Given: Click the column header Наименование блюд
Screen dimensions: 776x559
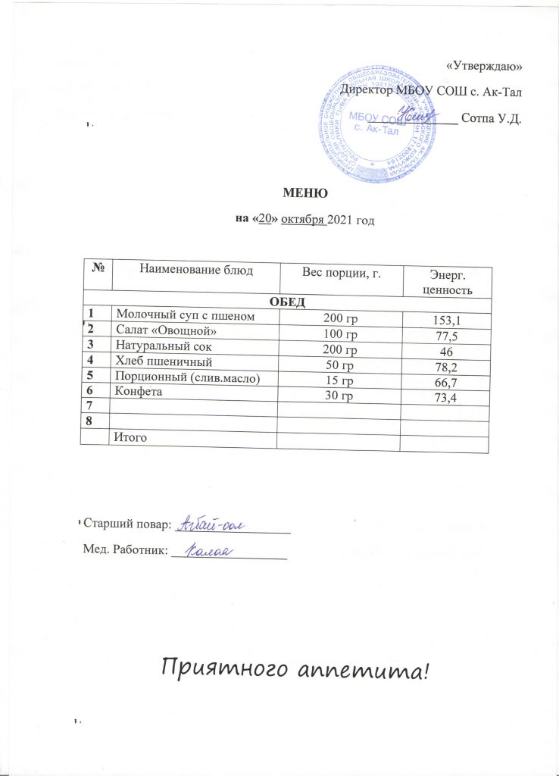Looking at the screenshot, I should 195,269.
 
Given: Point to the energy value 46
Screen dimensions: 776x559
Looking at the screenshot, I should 447,353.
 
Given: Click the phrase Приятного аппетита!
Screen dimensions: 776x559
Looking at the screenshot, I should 300,668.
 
